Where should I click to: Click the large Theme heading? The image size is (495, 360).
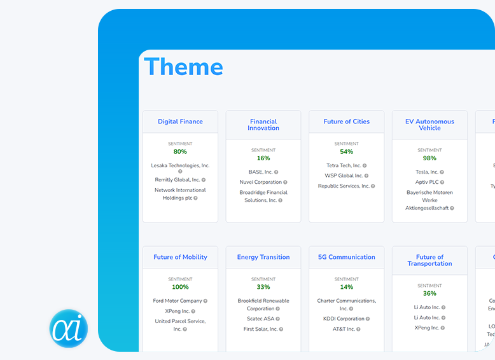pos(183,67)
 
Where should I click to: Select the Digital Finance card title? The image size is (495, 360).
pos(180,121)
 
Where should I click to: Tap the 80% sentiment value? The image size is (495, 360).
pos(180,152)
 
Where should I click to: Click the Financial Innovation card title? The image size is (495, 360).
pos(263,125)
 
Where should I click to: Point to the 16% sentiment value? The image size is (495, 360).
pos(263,158)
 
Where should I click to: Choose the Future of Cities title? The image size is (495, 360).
pos(346,121)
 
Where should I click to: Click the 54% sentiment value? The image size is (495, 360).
pos(346,152)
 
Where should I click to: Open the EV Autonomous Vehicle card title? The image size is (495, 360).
pos(429,125)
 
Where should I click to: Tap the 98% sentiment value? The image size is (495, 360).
pos(429,158)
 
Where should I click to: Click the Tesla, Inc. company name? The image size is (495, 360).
pos(426,172)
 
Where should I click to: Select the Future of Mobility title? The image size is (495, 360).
pos(180,257)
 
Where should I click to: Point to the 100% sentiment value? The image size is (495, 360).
pos(180,287)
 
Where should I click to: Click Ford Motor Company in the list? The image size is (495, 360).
pos(178,301)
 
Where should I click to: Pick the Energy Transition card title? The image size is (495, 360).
pos(263,257)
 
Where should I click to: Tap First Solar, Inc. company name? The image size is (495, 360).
pos(260,329)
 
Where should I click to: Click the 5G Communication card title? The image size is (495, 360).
pos(346,257)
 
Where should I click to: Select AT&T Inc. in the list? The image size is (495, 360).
pos(344,329)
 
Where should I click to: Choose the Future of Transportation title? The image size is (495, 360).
pos(429,260)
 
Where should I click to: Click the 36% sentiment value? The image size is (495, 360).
pos(429,293)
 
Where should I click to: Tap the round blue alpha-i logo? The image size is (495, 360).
pos(69,329)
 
